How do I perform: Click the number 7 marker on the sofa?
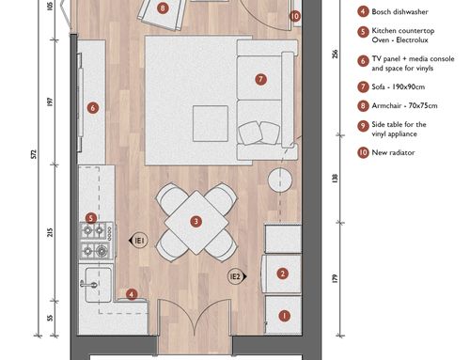click(x=260, y=79)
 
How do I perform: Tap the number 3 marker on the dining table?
click(x=196, y=222)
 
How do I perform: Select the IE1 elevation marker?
click(x=138, y=241)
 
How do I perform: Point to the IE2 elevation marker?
click(x=237, y=276)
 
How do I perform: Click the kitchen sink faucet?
click(x=89, y=284)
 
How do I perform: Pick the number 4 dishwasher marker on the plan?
click(x=132, y=294)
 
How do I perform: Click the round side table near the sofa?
click(x=280, y=180)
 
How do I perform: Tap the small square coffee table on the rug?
click(x=211, y=123)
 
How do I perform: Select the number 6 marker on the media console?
click(x=93, y=108)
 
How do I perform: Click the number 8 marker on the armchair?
click(x=163, y=8)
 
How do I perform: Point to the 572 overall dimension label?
click(x=34, y=154)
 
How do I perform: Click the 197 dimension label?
click(x=50, y=102)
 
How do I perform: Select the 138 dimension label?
click(x=335, y=179)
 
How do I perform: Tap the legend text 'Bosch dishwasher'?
click(x=399, y=12)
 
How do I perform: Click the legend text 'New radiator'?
click(x=393, y=152)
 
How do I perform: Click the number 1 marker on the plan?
click(x=284, y=316)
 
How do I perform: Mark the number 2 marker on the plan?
click(x=283, y=274)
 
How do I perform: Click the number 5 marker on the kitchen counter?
click(x=91, y=218)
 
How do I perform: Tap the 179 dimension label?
click(x=335, y=279)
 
